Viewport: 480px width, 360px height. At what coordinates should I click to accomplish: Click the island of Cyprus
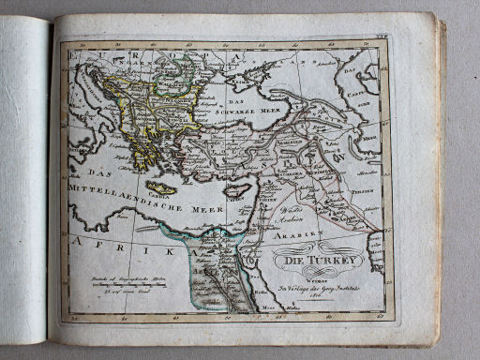[241, 190]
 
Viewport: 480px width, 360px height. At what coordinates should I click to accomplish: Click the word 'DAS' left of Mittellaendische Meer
[83, 172]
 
